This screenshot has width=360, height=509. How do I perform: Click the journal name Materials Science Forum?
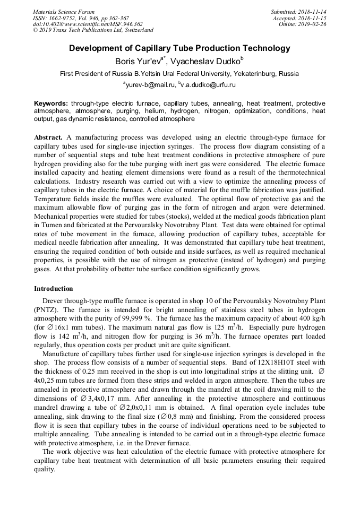64,12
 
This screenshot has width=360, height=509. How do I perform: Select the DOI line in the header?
88,24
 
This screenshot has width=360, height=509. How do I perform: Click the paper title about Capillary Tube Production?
180,48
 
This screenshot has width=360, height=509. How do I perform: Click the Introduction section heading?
54,289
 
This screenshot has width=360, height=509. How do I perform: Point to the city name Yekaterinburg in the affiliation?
250,73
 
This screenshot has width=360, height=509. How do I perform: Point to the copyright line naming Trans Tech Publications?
93,30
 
